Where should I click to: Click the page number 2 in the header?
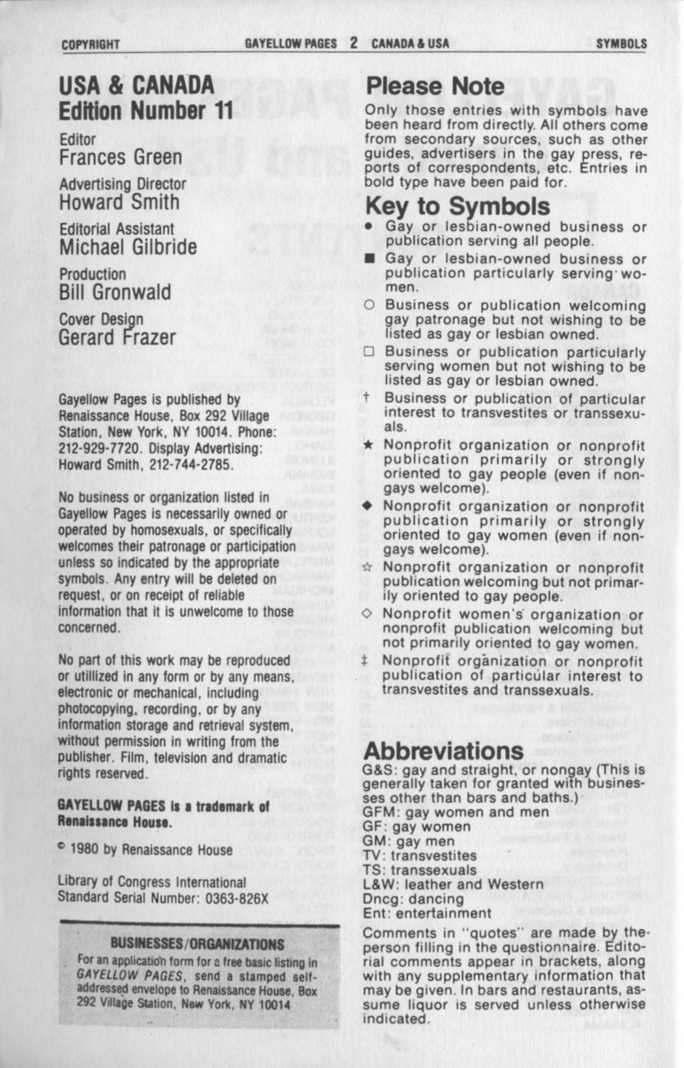pyautogui.click(x=353, y=43)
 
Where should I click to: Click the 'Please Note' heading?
pyautogui.click(x=435, y=86)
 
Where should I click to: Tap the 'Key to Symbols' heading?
pyautogui.click(x=458, y=206)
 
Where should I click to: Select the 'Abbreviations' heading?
pyautogui.click(x=443, y=750)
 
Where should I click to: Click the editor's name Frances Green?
pyautogui.click(x=120, y=157)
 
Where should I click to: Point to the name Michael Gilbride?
pyautogui.click(x=127, y=247)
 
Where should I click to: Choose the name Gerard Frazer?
pyautogui.click(x=117, y=337)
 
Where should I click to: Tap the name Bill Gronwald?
pyautogui.click(x=114, y=292)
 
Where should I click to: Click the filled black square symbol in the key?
pyautogui.click(x=369, y=259)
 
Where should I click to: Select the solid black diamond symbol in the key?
pyautogui.click(x=367, y=507)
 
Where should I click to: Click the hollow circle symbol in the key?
pyautogui.click(x=369, y=306)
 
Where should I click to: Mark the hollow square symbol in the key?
pyautogui.click(x=369, y=353)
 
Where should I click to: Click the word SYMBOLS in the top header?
pyautogui.click(x=621, y=44)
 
